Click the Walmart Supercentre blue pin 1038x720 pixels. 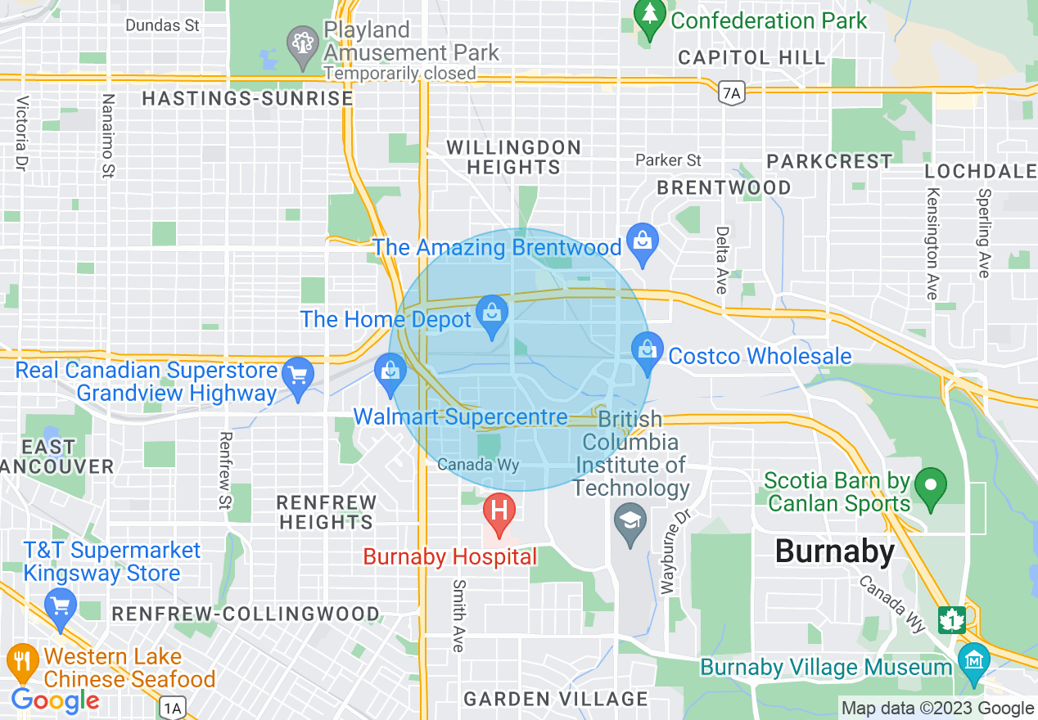(390, 372)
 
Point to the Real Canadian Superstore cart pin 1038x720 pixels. (296, 375)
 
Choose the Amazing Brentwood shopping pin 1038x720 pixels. (643, 242)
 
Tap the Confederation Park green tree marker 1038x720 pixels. (650, 18)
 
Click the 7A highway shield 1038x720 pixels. (732, 95)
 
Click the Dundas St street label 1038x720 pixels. (162, 25)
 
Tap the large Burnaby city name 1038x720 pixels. (835, 551)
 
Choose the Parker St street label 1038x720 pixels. (669, 160)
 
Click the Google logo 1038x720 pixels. (55, 700)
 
